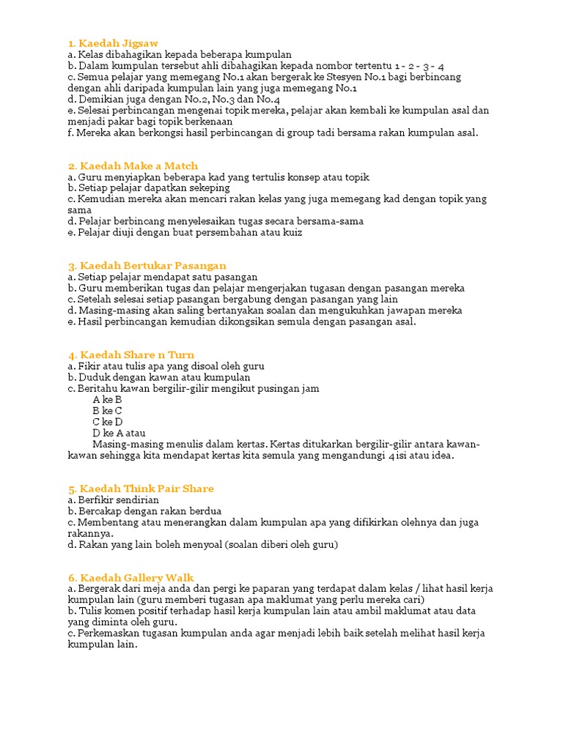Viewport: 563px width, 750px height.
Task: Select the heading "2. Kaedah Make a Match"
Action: [133, 166]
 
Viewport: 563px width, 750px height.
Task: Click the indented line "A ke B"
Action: [107, 400]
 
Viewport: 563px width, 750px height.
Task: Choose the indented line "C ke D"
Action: [108, 422]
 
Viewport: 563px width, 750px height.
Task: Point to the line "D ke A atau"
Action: [119, 433]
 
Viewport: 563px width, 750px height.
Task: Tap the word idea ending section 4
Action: [442, 456]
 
